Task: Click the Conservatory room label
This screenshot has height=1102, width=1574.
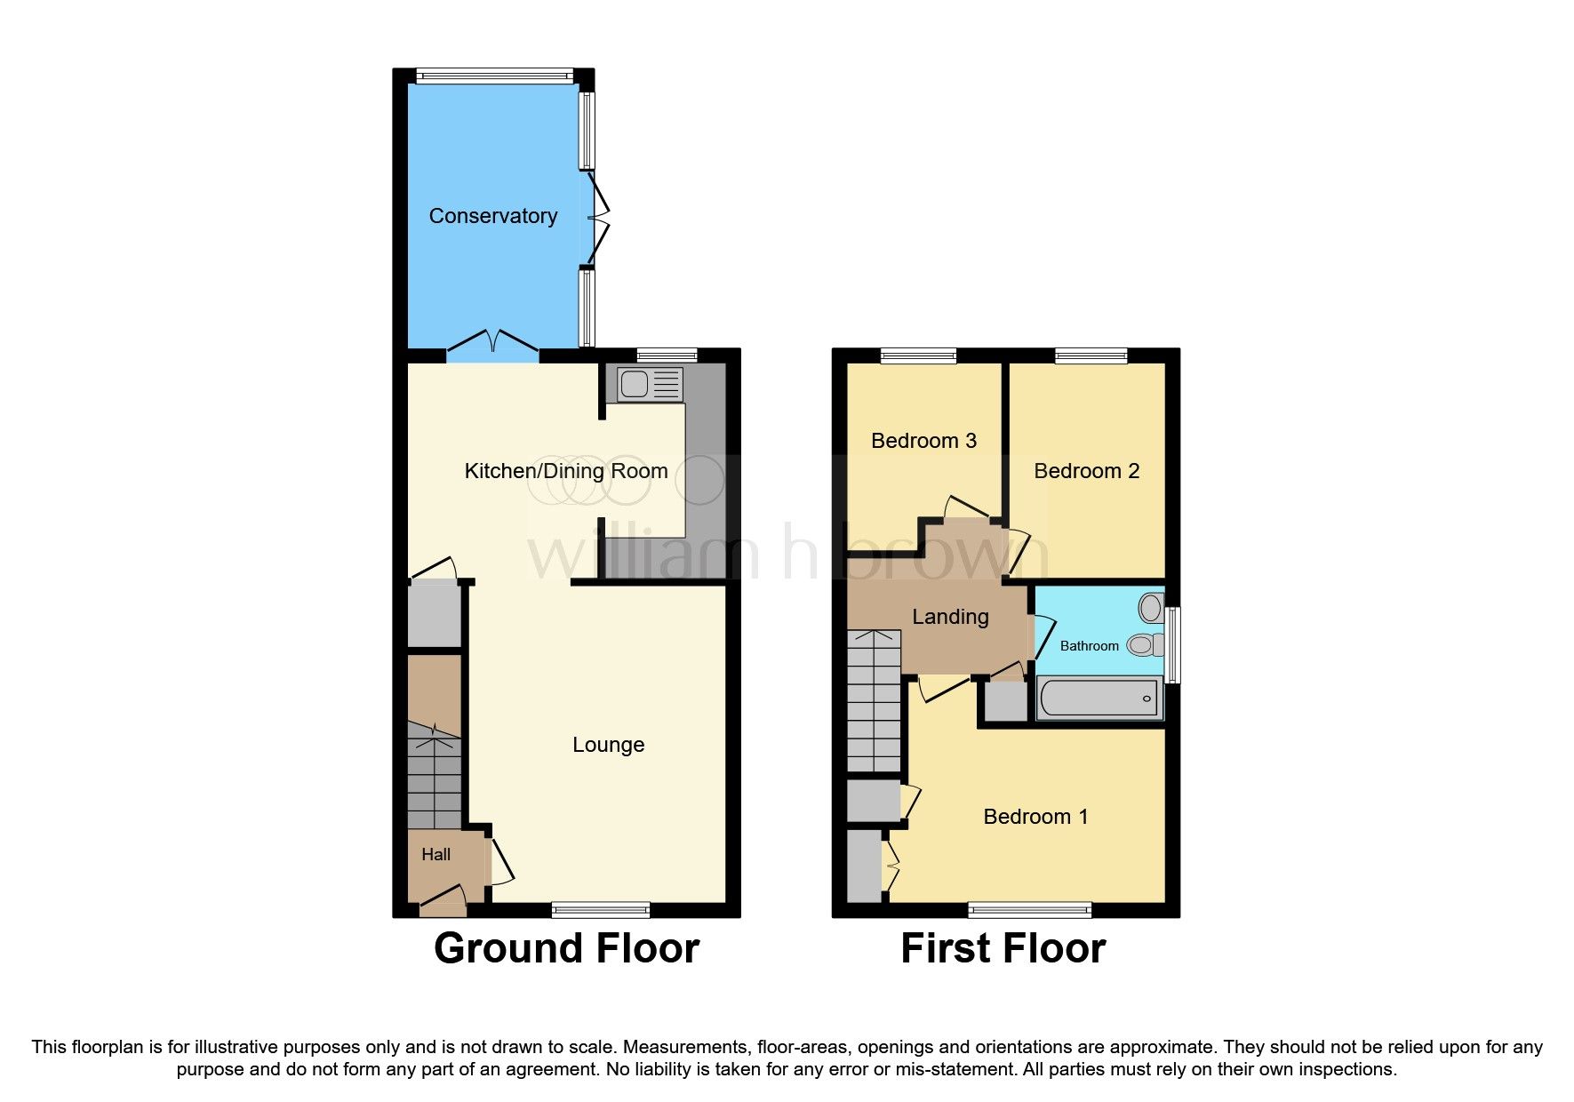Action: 493,216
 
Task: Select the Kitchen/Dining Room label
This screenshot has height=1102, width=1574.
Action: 566,471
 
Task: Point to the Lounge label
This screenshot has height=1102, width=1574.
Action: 608,745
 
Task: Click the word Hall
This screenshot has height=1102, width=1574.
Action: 435,855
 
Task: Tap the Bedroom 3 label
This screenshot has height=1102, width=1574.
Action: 923,441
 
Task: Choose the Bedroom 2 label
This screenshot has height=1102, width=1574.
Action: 1086,471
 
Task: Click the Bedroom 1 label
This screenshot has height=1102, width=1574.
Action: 1035,817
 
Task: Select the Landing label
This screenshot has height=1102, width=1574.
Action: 950,617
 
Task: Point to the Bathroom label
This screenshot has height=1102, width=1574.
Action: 1089,646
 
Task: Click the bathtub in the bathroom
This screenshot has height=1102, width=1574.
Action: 1099,698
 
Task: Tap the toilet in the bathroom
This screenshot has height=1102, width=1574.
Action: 1145,644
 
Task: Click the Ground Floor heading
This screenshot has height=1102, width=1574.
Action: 566,948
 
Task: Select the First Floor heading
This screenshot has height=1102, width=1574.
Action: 1003,948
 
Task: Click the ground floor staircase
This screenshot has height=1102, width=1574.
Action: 435,773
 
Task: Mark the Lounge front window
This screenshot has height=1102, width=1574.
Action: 601,909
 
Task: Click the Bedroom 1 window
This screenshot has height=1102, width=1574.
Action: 1029,909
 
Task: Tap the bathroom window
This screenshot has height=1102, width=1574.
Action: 1172,644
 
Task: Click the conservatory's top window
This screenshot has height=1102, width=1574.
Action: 494,76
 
